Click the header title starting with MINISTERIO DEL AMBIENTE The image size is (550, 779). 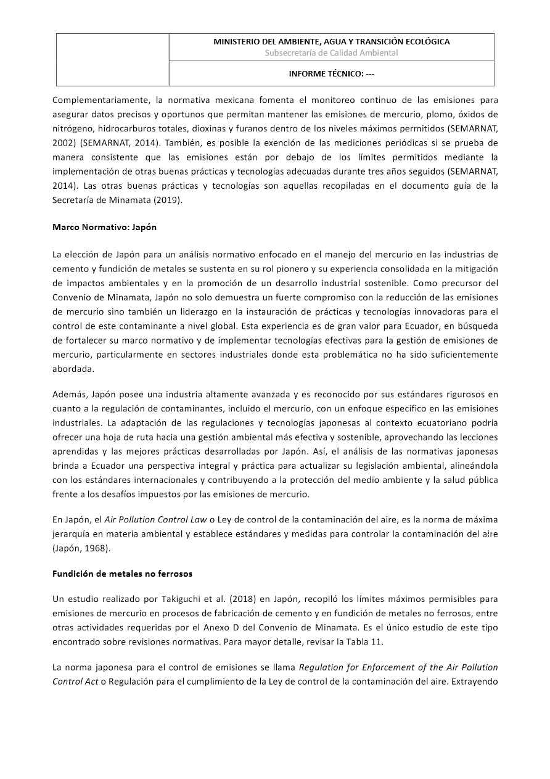(x=331, y=41)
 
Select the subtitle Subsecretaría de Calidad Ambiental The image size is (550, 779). (x=331, y=53)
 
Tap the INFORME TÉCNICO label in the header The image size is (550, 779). (x=331, y=73)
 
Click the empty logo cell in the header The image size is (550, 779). (x=113, y=60)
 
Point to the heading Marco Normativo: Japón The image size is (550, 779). (x=104, y=227)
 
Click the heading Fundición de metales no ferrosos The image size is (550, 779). (x=122, y=574)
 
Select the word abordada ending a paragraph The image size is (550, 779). (x=73, y=368)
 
